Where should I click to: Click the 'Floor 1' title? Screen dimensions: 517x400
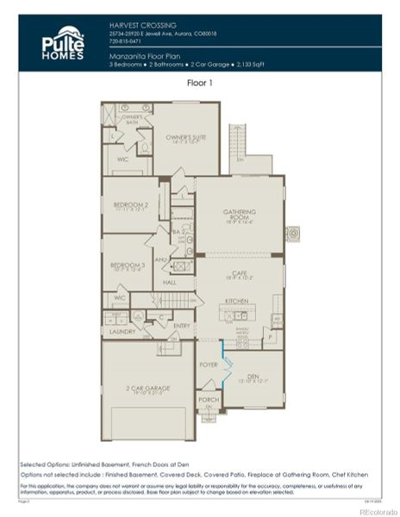point(200,84)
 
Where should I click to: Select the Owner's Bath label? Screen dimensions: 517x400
point(131,120)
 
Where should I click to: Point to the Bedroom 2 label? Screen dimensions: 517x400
point(131,206)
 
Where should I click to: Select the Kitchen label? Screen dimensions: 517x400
point(236,302)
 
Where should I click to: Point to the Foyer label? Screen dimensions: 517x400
point(208,364)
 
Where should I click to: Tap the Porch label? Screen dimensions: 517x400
point(208,400)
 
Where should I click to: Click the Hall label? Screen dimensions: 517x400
point(170,282)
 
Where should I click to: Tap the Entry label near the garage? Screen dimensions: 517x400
point(181,326)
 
